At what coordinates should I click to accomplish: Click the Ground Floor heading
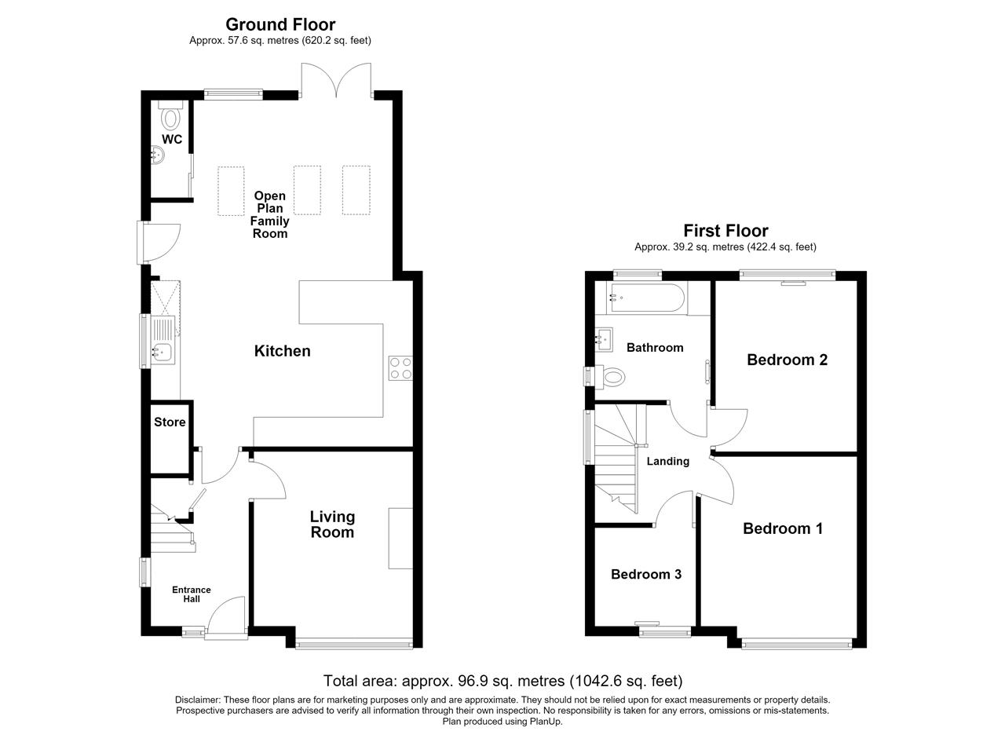click(280, 24)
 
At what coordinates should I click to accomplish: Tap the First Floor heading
click(725, 231)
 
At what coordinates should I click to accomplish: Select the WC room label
click(172, 139)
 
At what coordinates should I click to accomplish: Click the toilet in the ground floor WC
click(170, 115)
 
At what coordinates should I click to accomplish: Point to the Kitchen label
click(282, 351)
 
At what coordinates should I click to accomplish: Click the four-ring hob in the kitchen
click(400, 368)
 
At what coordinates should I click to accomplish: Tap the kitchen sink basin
click(163, 352)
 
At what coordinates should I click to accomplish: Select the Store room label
click(170, 422)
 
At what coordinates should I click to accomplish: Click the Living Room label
click(332, 524)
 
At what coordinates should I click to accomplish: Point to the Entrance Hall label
click(192, 594)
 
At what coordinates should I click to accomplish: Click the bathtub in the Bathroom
click(645, 298)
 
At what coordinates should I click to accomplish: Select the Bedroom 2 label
click(787, 360)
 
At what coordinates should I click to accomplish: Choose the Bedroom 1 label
click(783, 528)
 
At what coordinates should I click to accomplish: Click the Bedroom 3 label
click(646, 574)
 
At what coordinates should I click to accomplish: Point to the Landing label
click(667, 462)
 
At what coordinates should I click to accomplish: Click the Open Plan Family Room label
click(269, 214)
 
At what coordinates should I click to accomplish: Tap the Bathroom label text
click(655, 347)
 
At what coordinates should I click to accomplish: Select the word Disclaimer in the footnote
click(197, 700)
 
